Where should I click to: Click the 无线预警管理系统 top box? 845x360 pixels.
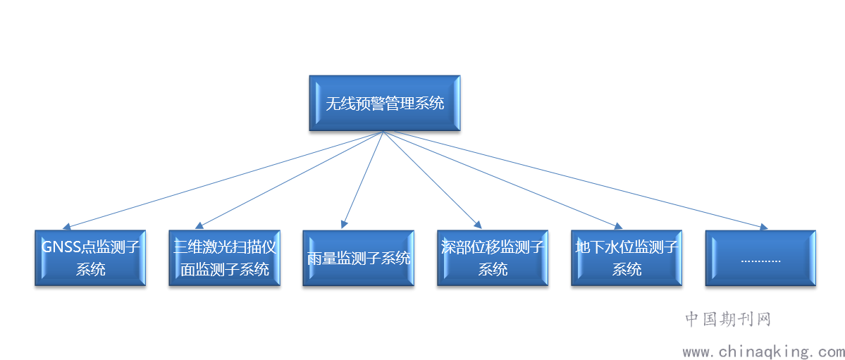pyautogui.click(x=384, y=103)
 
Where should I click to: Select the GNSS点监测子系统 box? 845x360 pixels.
pyautogui.click(x=90, y=258)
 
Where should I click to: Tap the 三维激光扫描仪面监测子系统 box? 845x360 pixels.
pyautogui.click(x=224, y=258)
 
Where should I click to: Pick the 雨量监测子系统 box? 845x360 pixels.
pyautogui.click(x=359, y=258)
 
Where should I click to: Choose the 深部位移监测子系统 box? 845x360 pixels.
pyautogui.click(x=493, y=258)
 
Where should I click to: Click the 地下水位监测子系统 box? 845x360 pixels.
pyautogui.click(x=627, y=258)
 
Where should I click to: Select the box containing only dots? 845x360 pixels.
pyautogui.click(x=760, y=258)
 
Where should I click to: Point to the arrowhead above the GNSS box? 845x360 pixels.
pyautogui.click(x=68, y=226)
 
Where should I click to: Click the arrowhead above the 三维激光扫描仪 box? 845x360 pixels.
pyautogui.click(x=199, y=225)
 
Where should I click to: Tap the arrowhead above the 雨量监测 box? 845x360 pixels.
pyautogui.click(x=343, y=223)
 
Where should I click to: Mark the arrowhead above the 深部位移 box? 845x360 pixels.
pyautogui.click(x=477, y=225)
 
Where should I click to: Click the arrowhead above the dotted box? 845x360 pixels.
pyautogui.click(x=763, y=227)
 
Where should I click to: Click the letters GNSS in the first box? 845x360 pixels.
pyautogui.click(x=61, y=247)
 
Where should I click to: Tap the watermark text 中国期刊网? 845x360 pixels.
pyautogui.click(x=728, y=320)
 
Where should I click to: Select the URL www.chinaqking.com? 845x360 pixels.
pyautogui.click(x=763, y=352)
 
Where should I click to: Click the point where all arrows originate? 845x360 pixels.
pyautogui.click(x=383, y=132)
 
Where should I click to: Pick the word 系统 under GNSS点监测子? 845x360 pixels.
pyautogui.click(x=90, y=269)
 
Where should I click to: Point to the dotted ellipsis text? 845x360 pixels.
pyautogui.click(x=760, y=261)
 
